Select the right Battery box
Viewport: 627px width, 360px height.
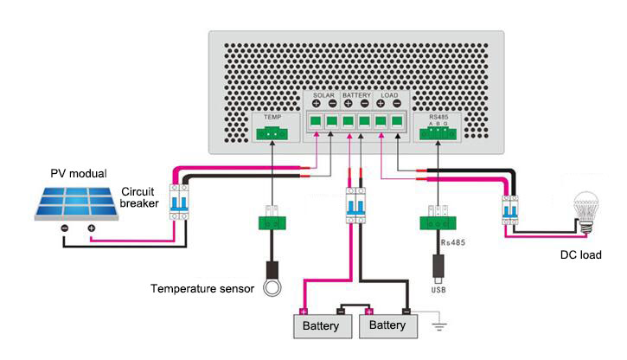point(387,326)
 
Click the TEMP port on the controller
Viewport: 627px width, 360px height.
point(272,132)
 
